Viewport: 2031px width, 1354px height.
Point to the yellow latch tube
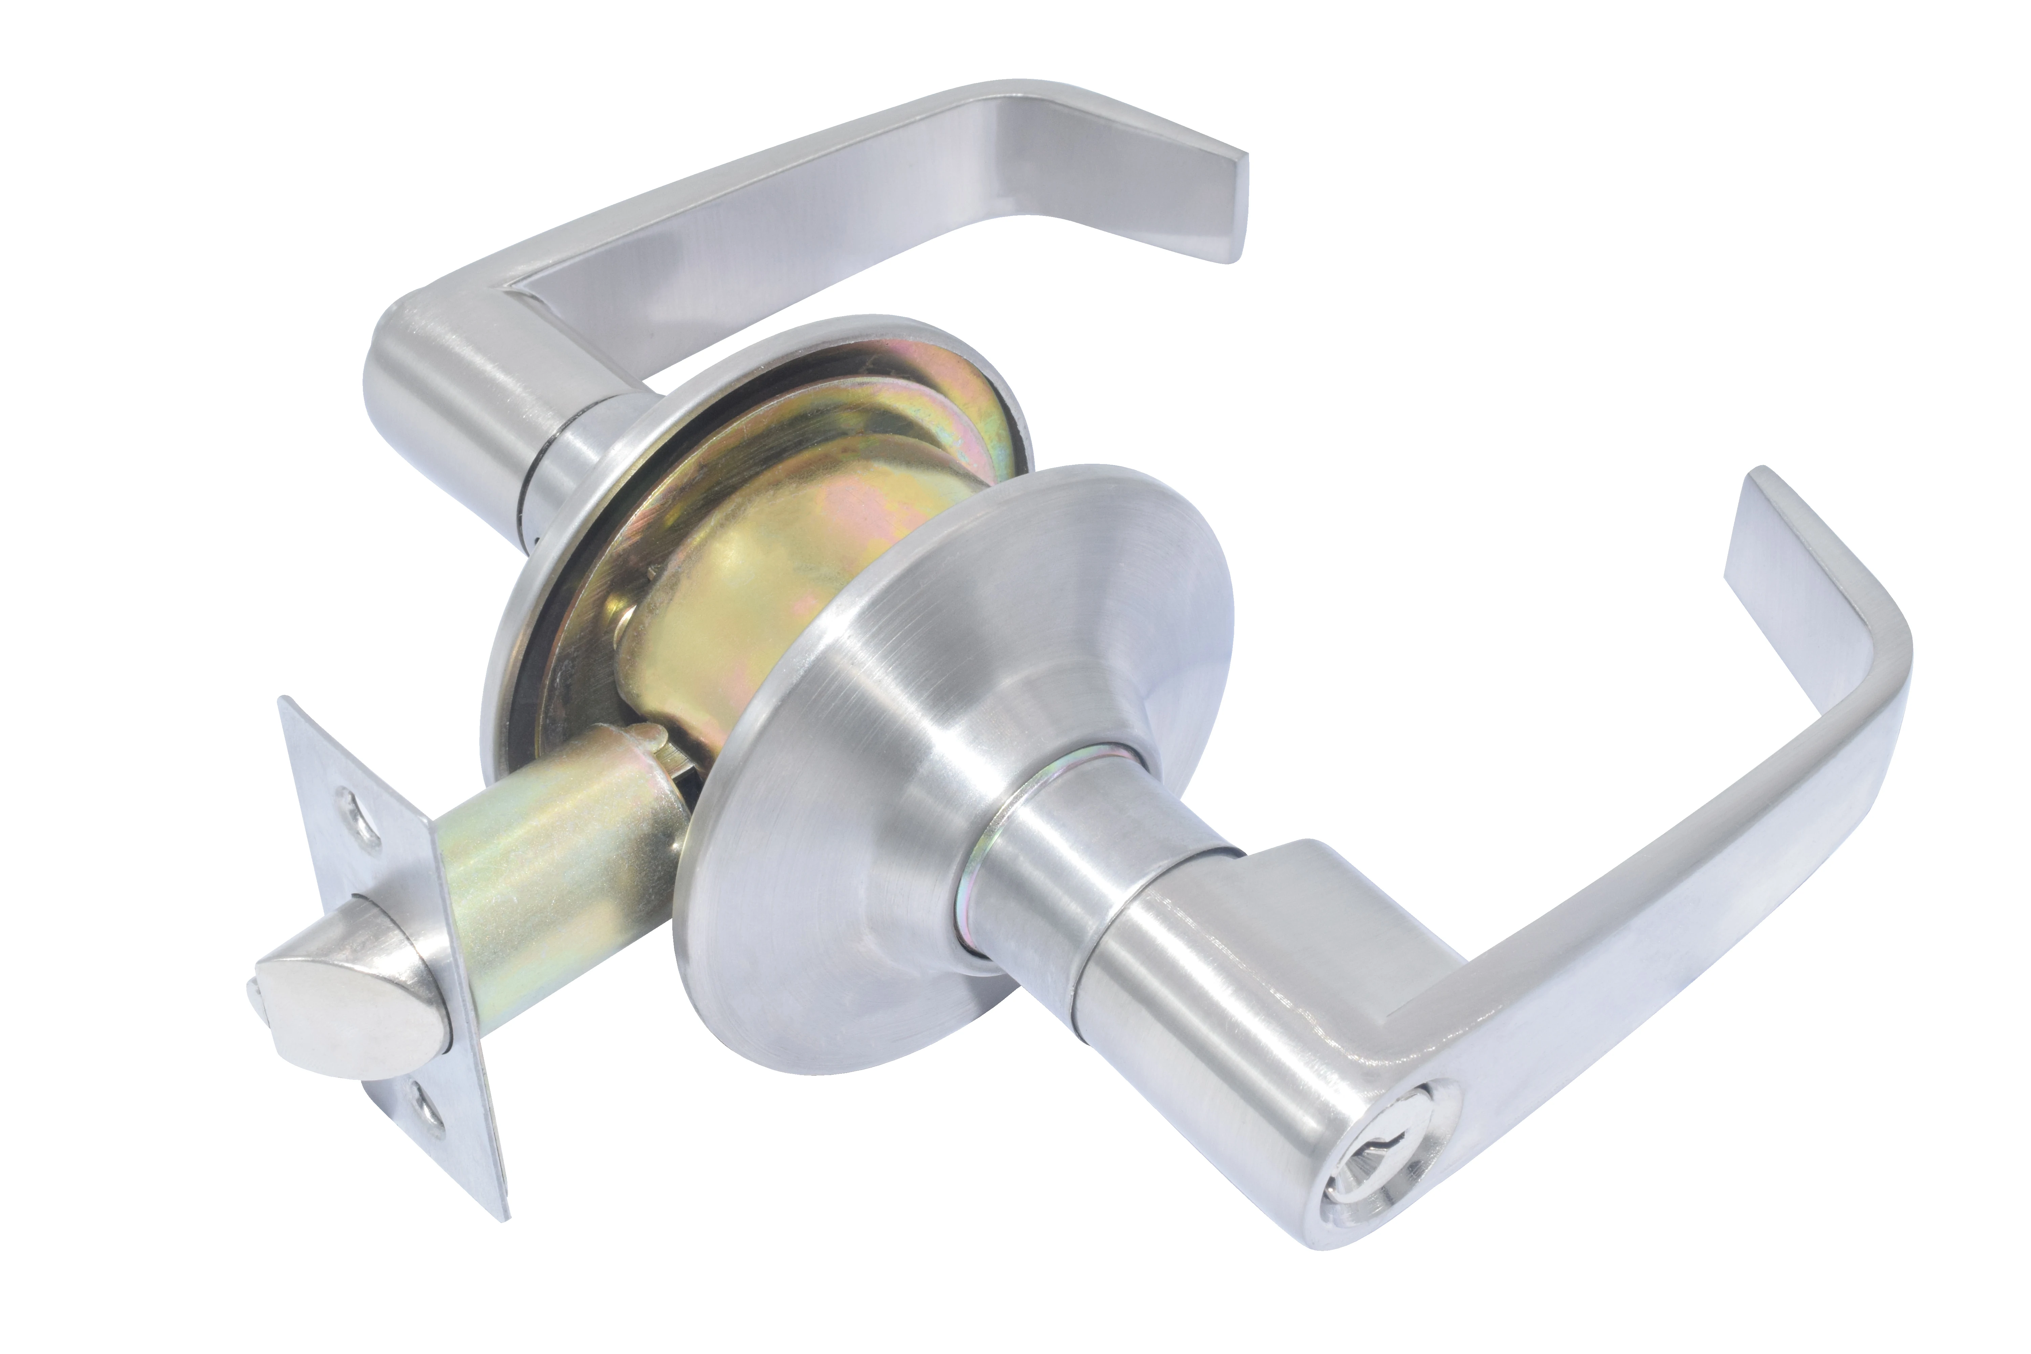[x=553, y=872]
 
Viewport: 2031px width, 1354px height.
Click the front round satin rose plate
[x=864, y=777]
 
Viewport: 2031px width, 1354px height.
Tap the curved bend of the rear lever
[x=1002, y=116]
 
